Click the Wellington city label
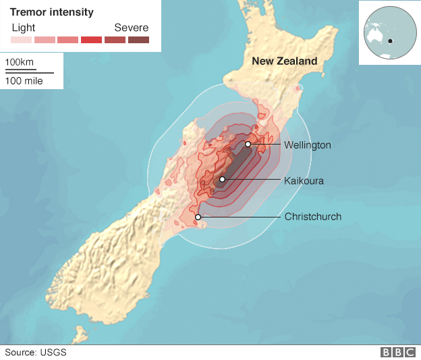(307, 145)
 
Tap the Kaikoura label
(304, 181)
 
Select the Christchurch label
(312, 217)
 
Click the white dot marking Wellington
(248, 144)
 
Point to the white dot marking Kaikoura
(222, 180)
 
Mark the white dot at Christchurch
(198, 217)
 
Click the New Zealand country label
(284, 61)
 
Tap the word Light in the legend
(24, 28)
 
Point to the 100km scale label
(20, 63)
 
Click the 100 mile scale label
(24, 81)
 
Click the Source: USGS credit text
(36, 352)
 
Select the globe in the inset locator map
(389, 32)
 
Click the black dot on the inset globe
(390, 42)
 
